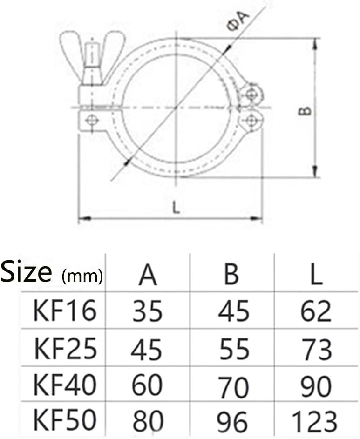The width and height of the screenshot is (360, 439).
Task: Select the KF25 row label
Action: coord(66,349)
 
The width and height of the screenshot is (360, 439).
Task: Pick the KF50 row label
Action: coord(65,420)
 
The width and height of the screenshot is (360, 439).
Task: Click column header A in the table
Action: coord(148,275)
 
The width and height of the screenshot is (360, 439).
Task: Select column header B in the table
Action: coord(231,275)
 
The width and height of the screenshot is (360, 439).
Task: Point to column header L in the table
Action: coord(316,275)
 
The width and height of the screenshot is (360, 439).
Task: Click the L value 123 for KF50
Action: coord(314,421)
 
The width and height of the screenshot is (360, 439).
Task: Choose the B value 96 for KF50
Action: coord(232,421)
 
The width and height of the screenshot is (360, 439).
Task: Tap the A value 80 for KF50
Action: coord(148,420)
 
